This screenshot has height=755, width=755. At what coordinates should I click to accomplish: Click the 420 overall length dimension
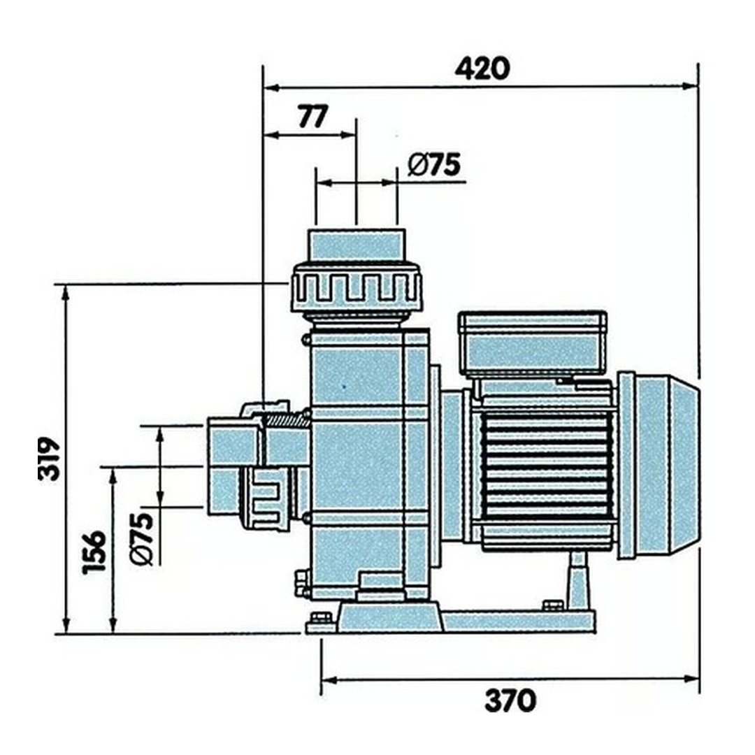[482, 69]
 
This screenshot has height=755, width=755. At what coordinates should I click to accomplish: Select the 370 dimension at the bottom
[510, 700]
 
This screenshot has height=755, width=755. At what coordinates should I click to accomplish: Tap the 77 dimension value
[312, 117]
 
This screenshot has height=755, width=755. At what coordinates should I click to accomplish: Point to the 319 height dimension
[50, 459]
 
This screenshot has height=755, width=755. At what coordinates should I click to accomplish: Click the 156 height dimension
[95, 552]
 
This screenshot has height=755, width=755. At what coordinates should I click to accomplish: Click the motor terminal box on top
[532, 343]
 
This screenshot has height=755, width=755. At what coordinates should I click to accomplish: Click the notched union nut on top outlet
[357, 287]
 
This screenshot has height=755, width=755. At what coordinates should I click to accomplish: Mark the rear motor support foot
[577, 580]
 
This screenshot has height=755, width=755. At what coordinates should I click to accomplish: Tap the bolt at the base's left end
[321, 618]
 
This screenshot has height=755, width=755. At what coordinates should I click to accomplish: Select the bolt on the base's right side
[552, 605]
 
